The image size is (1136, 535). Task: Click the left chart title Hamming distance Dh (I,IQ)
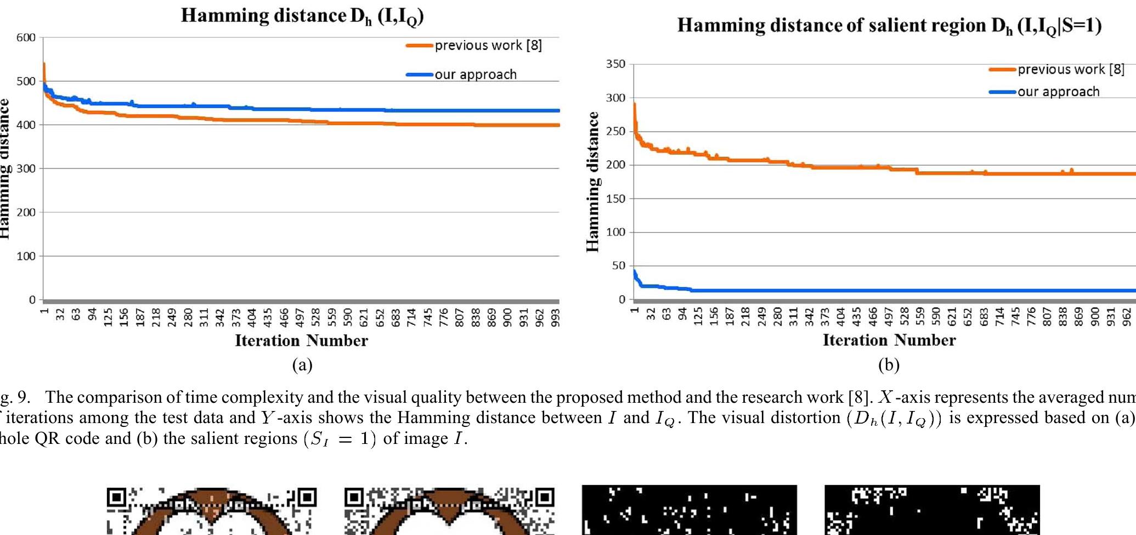point(302,16)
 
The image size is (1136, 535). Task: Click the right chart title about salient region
point(889,26)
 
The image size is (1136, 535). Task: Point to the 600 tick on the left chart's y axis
point(26,38)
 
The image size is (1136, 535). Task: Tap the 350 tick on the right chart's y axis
point(615,64)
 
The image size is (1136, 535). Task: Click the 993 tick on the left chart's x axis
point(556,318)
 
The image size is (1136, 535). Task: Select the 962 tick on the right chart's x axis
point(1127,317)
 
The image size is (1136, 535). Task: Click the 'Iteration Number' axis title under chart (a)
point(301,341)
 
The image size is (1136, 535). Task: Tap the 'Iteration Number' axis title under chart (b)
point(889,340)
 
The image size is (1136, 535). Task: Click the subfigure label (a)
point(302,365)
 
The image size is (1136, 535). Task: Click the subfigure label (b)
point(889,365)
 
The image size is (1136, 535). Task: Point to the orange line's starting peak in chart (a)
point(44,65)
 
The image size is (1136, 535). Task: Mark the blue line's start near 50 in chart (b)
point(635,272)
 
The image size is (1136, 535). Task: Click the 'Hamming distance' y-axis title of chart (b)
point(592,181)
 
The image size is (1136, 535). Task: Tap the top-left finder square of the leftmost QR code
point(116,498)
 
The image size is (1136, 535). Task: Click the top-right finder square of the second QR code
point(545,498)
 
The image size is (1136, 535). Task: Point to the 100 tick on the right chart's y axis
point(615,232)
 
